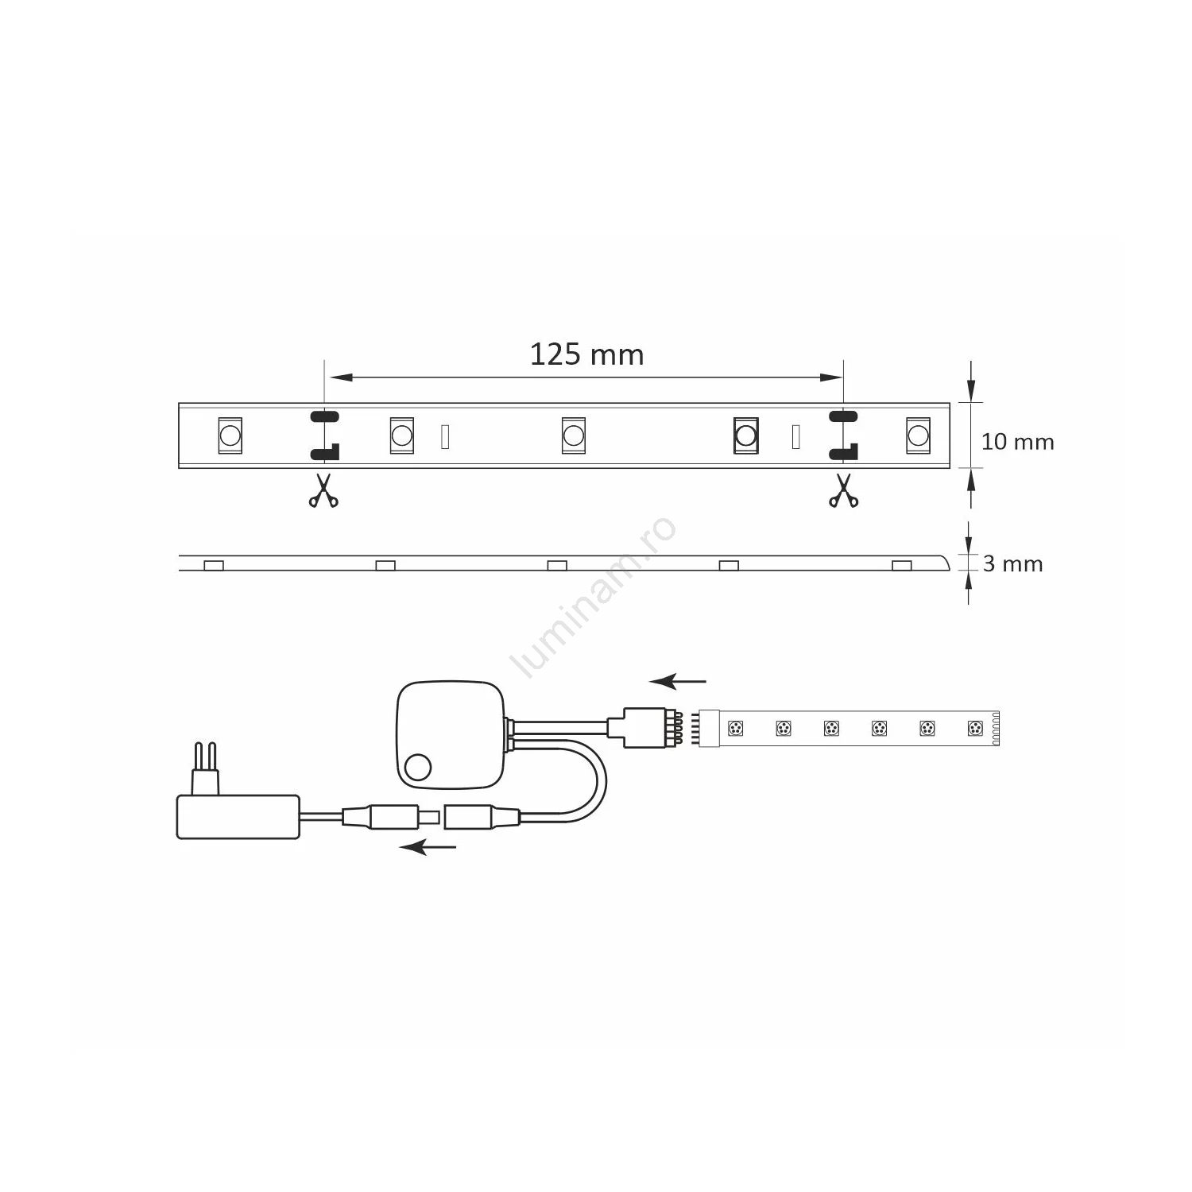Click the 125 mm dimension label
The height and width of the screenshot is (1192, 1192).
pyautogui.click(x=586, y=354)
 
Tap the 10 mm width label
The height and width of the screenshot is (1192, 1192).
pyautogui.click(x=1017, y=442)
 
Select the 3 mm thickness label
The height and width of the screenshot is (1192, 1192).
pyautogui.click(x=1012, y=564)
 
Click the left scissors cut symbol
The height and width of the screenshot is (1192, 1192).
pyautogui.click(x=323, y=490)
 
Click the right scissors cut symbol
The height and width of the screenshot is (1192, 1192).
pyautogui.click(x=843, y=490)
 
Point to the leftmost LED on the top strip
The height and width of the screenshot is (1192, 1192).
pyautogui.click(x=230, y=435)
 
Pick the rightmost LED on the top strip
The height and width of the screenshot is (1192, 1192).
pyautogui.click(x=918, y=435)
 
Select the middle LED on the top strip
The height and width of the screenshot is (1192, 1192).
pyautogui.click(x=573, y=435)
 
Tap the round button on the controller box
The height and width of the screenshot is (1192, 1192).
pyautogui.click(x=417, y=768)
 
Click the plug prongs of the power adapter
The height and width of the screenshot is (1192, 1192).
pyautogui.click(x=206, y=768)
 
